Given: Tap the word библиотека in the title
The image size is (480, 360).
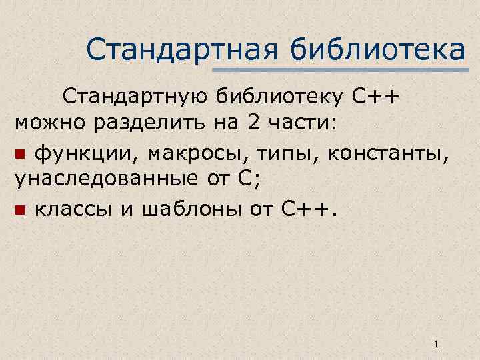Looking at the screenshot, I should coord(378,49).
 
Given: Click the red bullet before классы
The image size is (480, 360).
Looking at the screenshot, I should coord(20,211).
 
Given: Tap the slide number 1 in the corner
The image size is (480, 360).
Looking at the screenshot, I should coord(435,345).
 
